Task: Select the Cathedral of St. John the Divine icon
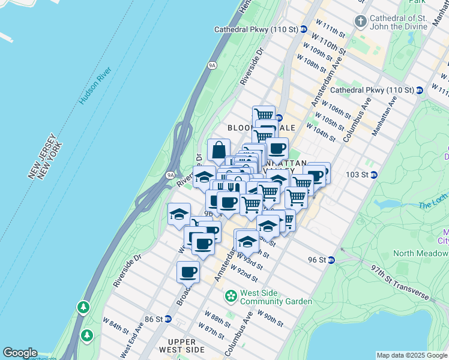point(360,23)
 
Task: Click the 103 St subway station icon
point(374,175)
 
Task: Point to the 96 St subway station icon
point(330,260)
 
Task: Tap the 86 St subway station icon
point(168,319)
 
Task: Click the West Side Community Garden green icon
point(231,296)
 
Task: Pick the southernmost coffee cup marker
point(188,272)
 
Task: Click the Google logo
point(20,353)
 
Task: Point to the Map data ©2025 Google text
point(412,355)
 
